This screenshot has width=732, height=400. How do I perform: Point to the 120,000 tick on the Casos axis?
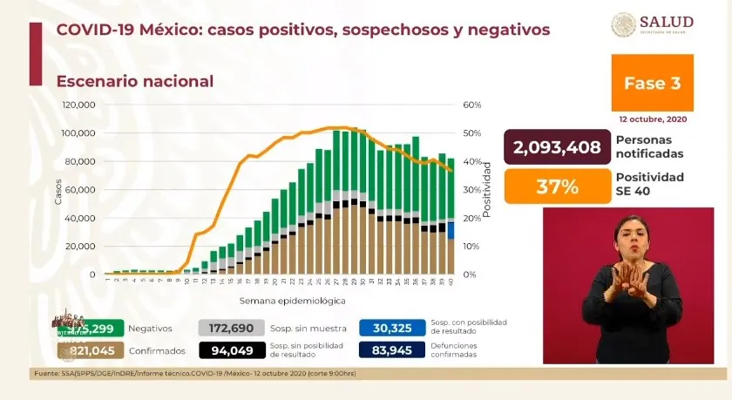pos(79,105)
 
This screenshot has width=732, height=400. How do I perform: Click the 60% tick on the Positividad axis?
pos(473,105)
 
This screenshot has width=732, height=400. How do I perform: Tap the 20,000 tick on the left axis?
pos(82,246)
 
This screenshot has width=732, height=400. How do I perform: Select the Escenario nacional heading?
pos(135,81)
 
